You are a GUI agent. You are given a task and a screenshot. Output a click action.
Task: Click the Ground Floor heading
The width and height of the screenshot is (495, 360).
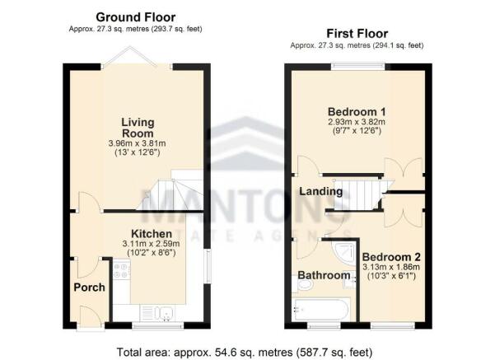(136, 16)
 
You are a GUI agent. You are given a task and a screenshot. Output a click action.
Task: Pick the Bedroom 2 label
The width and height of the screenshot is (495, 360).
(390, 256)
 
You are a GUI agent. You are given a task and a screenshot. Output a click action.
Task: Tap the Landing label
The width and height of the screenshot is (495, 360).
(320, 191)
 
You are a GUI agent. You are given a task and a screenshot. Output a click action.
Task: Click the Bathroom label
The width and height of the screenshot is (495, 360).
(324, 275)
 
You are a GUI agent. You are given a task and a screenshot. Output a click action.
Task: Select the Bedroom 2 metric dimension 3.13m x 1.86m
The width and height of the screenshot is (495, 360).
(390, 267)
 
